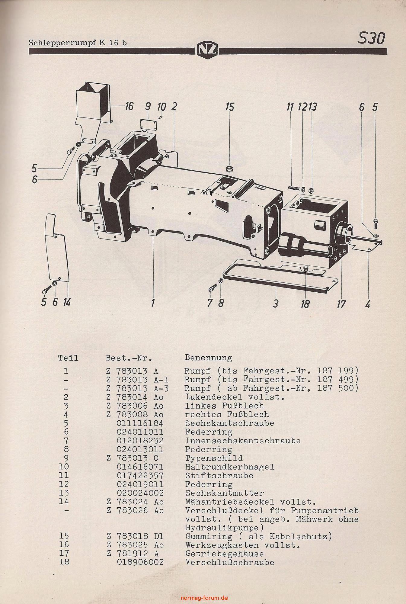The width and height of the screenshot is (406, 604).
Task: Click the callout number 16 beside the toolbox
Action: coord(129,106)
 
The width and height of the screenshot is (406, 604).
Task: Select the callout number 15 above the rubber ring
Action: coord(230,107)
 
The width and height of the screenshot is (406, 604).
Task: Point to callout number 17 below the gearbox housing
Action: coord(341,304)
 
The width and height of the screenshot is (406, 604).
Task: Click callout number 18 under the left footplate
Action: coord(305,304)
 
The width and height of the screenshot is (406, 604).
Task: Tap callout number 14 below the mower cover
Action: coord(66,302)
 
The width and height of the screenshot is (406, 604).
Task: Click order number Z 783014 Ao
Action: coord(135,397)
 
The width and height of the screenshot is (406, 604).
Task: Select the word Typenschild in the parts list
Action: coord(214,458)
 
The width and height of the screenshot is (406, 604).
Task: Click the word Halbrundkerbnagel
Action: coord(230,467)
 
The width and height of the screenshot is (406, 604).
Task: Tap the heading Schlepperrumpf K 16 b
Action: coord(78,43)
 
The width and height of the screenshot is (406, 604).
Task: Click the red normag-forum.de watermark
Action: coord(204,598)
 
